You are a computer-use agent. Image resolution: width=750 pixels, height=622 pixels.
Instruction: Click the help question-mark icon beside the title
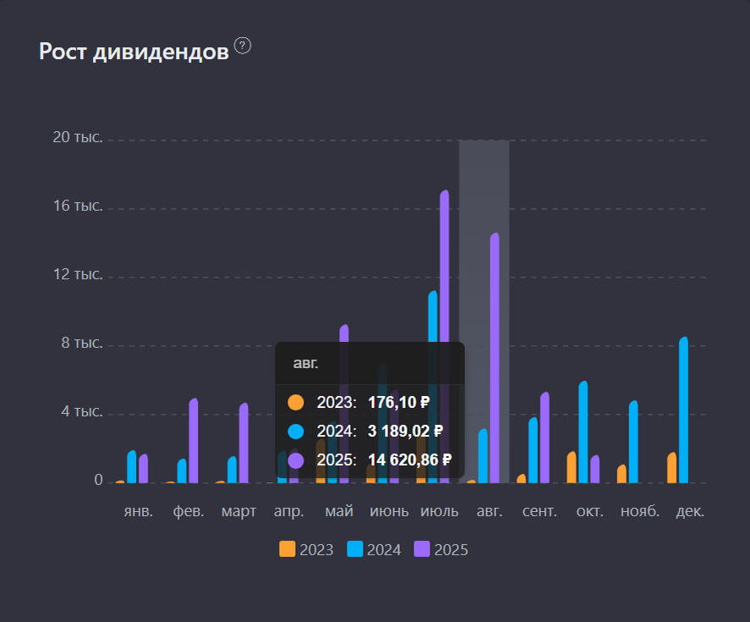point(243,46)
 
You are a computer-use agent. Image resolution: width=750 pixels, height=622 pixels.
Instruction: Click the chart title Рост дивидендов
point(134,52)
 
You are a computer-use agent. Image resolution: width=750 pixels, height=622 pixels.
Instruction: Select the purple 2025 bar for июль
point(444,339)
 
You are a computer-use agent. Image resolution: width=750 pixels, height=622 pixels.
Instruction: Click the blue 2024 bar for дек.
point(683,410)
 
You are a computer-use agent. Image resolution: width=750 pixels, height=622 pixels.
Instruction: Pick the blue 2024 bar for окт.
point(583,432)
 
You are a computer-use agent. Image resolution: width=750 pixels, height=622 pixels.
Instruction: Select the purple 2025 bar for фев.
point(194,440)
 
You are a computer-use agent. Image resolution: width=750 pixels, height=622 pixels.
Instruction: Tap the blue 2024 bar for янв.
point(132,466)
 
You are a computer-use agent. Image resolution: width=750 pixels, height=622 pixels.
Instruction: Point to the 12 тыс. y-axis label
point(77,274)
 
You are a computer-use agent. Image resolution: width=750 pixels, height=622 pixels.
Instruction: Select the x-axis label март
point(238,512)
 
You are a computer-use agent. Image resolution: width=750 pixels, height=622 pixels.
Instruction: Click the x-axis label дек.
point(690,512)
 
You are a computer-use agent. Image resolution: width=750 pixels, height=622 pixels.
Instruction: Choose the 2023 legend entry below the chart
point(306,550)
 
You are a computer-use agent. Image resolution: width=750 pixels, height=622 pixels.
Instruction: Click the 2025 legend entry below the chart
point(441,550)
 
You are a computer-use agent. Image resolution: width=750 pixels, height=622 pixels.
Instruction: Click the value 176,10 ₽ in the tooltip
point(399,402)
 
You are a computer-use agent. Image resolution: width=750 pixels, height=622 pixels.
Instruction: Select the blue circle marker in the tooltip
point(296,432)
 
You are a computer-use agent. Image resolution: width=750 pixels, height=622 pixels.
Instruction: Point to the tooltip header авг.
point(306,363)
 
